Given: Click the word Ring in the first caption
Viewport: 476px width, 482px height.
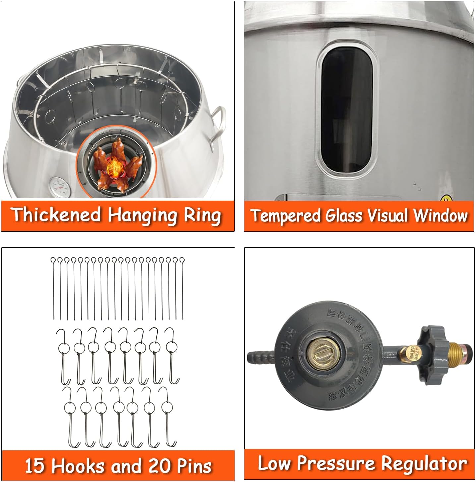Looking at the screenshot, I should pos(203,215).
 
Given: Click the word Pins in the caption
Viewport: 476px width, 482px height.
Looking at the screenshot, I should pos(194,466).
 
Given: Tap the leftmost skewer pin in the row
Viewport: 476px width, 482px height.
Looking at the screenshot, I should pos(53,288).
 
